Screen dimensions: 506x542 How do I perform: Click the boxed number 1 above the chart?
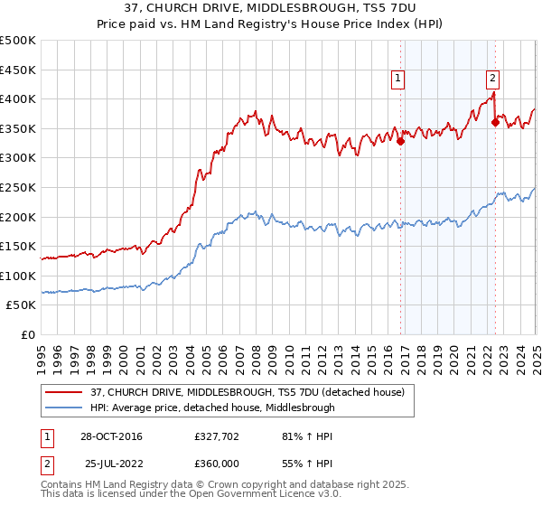point(397,80)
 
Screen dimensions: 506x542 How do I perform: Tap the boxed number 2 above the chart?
point(492,80)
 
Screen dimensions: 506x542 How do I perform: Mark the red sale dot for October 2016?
point(401,141)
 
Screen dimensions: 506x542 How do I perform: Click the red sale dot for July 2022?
point(495,122)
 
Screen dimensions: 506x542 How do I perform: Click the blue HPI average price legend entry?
point(213,408)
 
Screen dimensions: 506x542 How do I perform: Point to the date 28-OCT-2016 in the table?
point(110,436)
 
